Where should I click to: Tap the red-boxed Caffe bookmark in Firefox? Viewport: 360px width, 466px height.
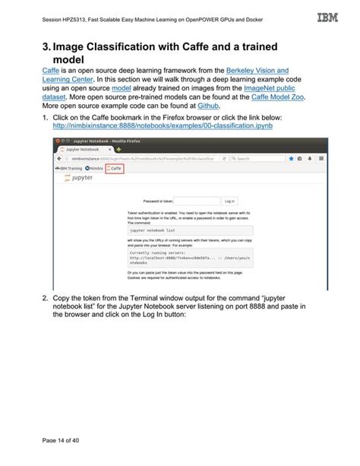(x=114, y=168)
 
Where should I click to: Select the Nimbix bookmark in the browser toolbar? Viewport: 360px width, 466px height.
(x=95, y=168)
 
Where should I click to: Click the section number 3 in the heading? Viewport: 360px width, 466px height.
(x=46, y=47)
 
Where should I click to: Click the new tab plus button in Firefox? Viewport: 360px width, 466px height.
(x=118, y=149)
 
